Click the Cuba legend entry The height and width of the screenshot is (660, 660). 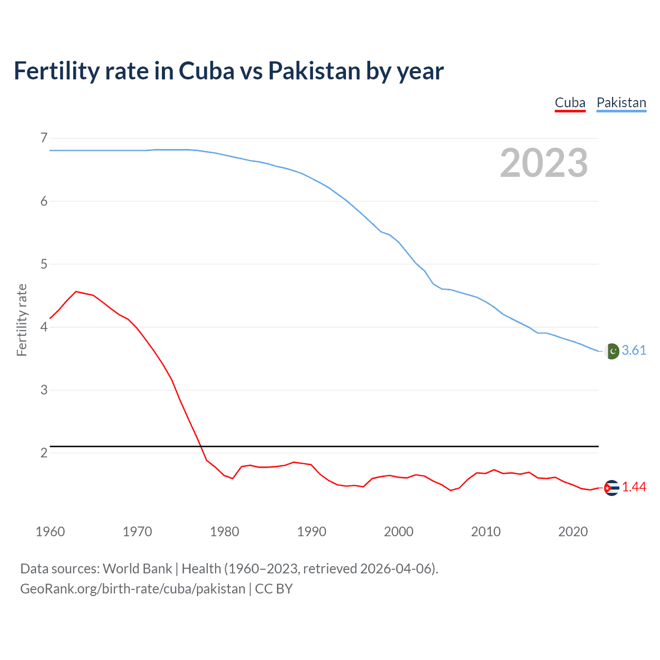pyautogui.click(x=570, y=103)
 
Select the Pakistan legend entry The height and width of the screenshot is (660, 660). pyautogui.click(x=621, y=103)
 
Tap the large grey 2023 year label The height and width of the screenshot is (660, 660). pyautogui.click(x=543, y=163)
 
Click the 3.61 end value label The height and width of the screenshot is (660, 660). pyautogui.click(x=634, y=351)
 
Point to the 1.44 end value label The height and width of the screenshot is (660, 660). pyautogui.click(x=634, y=487)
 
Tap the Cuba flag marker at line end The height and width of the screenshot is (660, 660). pyautogui.click(x=611, y=487)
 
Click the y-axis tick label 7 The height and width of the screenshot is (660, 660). pyautogui.click(x=44, y=138)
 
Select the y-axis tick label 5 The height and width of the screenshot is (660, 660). pyautogui.click(x=44, y=264)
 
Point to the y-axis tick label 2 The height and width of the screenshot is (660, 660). pyautogui.click(x=44, y=453)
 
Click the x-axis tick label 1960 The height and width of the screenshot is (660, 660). pyautogui.click(x=50, y=532)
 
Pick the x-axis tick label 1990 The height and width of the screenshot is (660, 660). pyautogui.click(x=311, y=532)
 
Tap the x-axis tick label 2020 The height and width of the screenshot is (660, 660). pyautogui.click(x=573, y=532)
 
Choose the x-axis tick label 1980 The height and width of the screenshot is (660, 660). pyautogui.click(x=224, y=532)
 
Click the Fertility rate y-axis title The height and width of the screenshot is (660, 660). pyautogui.click(x=22, y=320)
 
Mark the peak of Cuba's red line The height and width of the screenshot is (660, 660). pyautogui.click(x=76, y=291)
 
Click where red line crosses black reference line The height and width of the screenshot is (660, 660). pyautogui.click(x=200, y=446)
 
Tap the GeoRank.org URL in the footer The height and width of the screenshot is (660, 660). pyautogui.click(x=133, y=589)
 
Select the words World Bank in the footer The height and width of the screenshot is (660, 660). pyautogui.click(x=137, y=569)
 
